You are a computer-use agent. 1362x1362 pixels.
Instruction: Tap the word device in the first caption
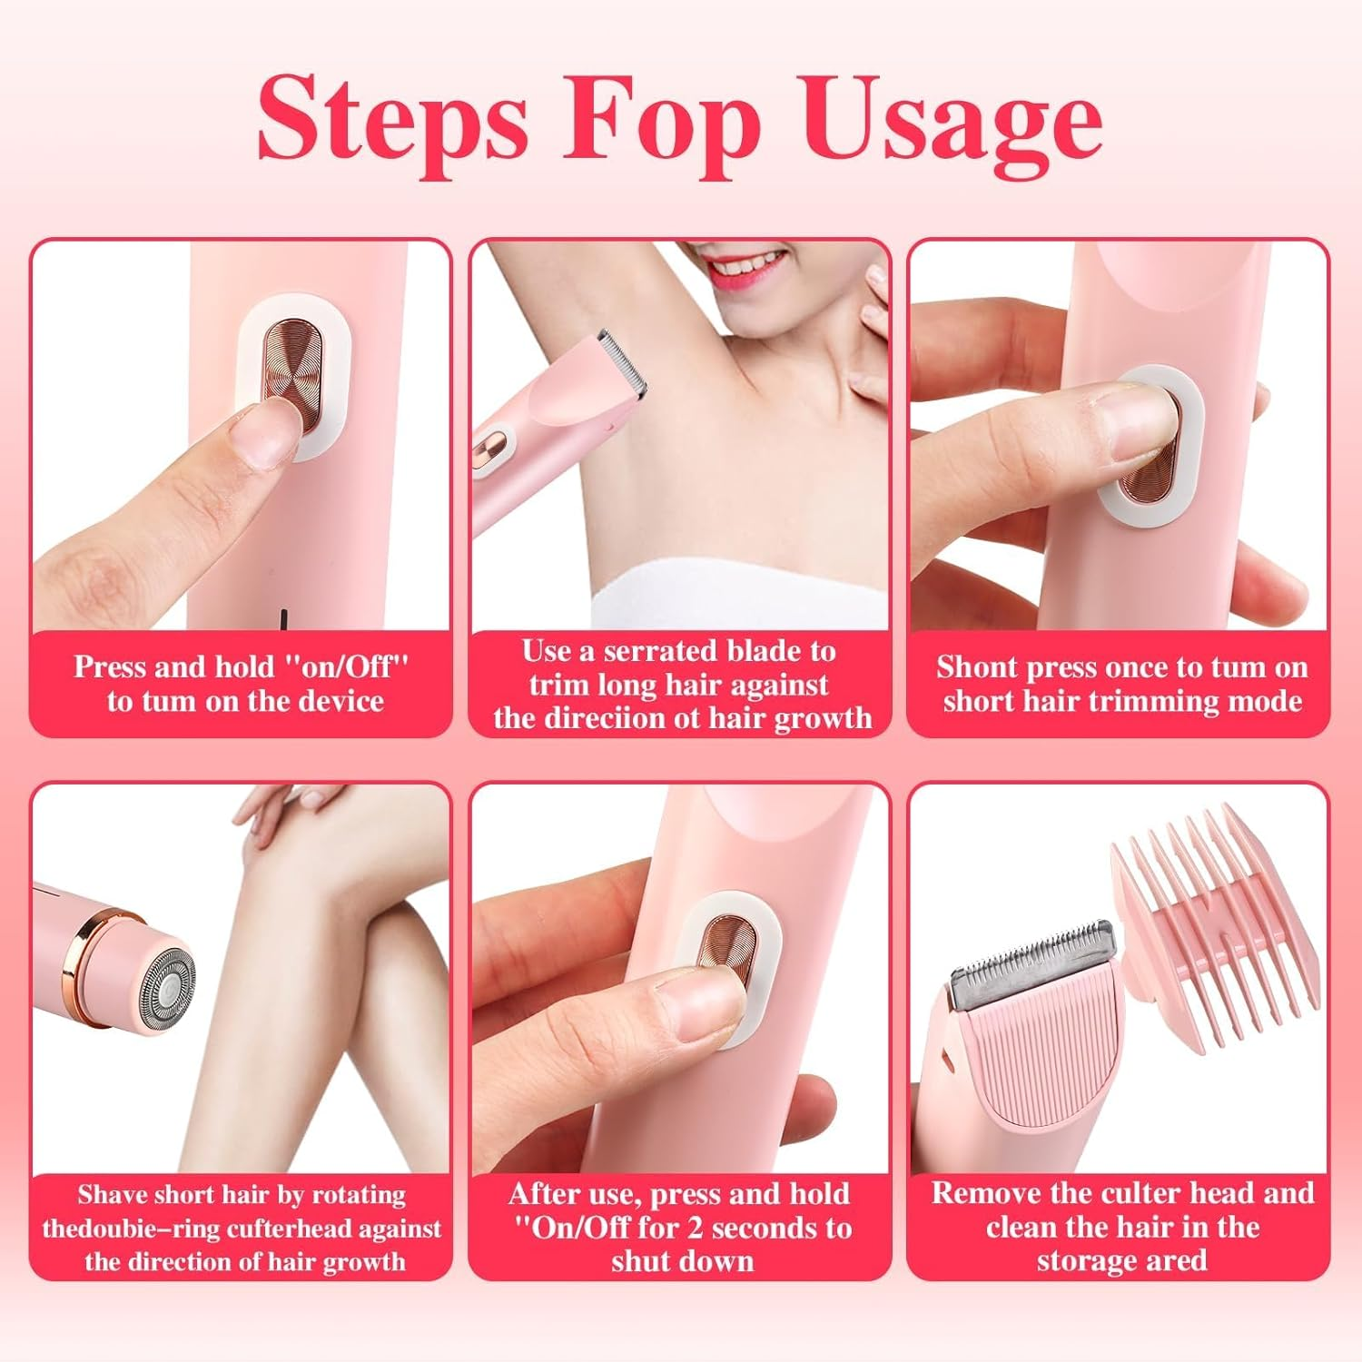(341, 702)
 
